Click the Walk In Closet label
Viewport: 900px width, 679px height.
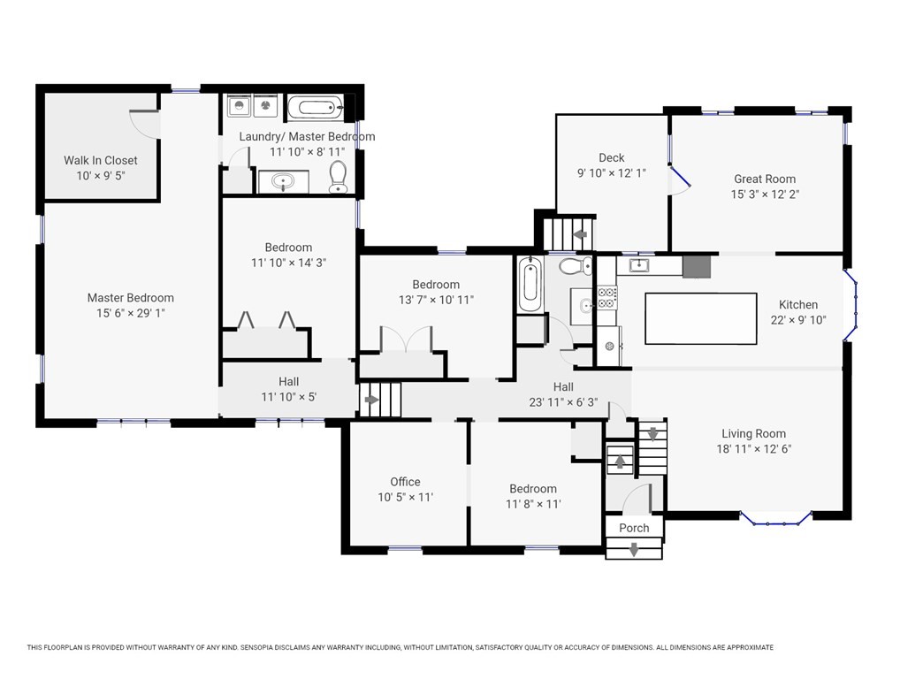tap(101, 161)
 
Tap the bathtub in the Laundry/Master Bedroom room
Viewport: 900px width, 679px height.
tap(315, 107)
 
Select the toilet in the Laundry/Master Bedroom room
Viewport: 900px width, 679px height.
tap(338, 177)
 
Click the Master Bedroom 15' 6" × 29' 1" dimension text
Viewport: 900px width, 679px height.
tap(131, 313)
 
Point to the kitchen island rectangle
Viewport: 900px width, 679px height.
tap(701, 318)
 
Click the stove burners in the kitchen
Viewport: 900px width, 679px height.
tap(607, 297)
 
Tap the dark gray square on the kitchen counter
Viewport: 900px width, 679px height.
tap(697, 266)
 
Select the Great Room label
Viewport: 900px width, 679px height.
tap(765, 179)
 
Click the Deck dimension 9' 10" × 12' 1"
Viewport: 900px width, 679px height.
tap(612, 173)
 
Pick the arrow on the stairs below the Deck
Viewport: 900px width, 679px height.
tap(580, 234)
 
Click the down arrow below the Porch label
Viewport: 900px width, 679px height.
tap(634, 550)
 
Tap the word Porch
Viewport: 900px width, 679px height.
tap(634, 528)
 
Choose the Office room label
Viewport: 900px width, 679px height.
tap(405, 482)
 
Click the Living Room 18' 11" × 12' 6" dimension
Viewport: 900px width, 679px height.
tap(753, 449)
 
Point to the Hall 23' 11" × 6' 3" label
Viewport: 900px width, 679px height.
tap(563, 395)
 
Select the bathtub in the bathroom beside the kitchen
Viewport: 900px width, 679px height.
tap(530, 285)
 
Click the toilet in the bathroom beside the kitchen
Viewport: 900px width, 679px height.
tap(576, 266)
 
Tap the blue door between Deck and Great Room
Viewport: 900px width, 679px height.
tap(680, 177)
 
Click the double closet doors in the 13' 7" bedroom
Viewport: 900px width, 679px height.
tap(406, 339)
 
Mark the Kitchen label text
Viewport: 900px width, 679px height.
tap(798, 305)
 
